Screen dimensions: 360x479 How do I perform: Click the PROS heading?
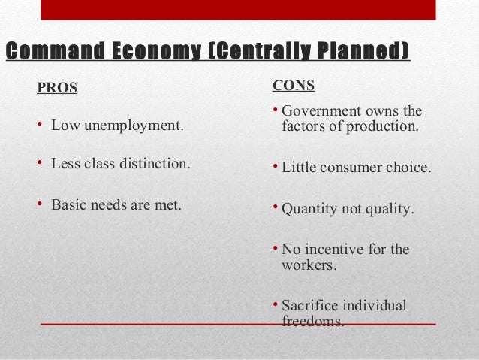click(x=57, y=89)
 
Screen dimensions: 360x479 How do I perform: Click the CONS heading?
click(x=294, y=85)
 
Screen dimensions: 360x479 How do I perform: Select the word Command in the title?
click(x=53, y=51)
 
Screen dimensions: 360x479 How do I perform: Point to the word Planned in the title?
click(x=363, y=51)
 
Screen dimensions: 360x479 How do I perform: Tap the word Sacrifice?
click(x=311, y=306)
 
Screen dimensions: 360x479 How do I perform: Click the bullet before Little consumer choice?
click(x=275, y=165)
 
